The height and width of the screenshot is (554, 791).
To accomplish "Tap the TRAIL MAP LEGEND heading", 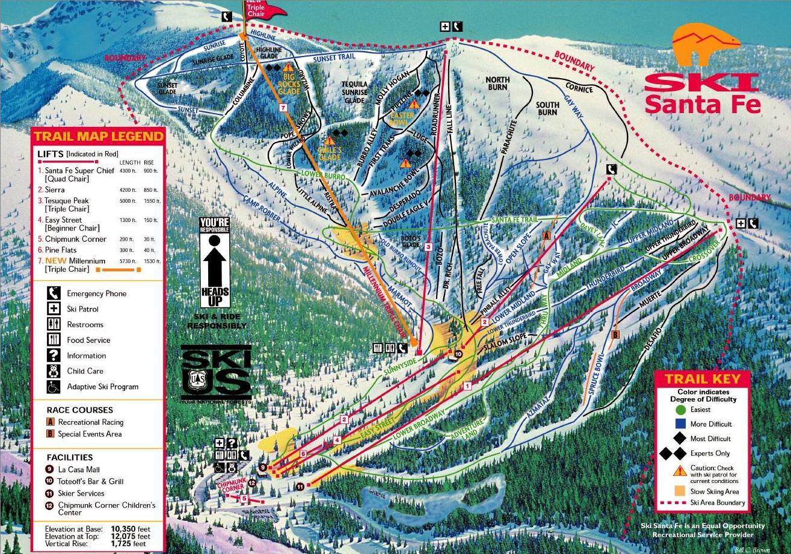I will pyautogui.click(x=98, y=137).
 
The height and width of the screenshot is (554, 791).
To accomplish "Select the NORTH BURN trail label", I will pyautogui.click(x=497, y=84).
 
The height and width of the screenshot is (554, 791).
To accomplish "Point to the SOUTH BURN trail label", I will pyautogui.click(x=547, y=108).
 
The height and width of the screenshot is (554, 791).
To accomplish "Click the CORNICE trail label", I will pyautogui.click(x=579, y=90).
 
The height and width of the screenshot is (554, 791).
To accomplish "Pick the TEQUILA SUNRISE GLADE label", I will pyautogui.click(x=354, y=92).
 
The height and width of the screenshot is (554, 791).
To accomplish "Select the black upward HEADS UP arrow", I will pyautogui.click(x=215, y=259).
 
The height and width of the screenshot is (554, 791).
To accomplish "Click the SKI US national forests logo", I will pyautogui.click(x=216, y=372).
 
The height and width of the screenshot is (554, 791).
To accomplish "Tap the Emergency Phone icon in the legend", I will pyautogui.click(x=54, y=294).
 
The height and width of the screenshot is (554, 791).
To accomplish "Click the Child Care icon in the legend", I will pyautogui.click(x=54, y=371).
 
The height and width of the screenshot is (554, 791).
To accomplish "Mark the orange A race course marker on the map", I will pyautogui.click(x=546, y=236).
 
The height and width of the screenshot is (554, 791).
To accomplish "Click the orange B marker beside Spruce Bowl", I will pyautogui.click(x=615, y=334).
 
